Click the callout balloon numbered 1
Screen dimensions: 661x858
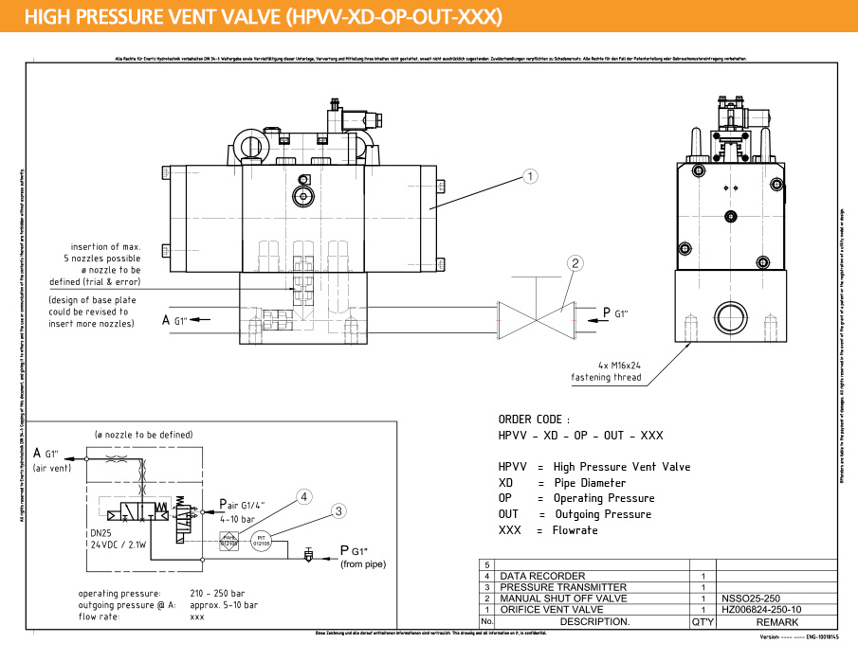531,175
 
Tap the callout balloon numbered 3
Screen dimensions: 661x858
338,510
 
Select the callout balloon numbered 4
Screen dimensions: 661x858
303,495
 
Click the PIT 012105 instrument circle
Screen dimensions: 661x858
261,542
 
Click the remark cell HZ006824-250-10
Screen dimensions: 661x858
761,610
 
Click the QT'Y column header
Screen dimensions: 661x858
703,622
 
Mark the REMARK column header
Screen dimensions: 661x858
776,622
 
